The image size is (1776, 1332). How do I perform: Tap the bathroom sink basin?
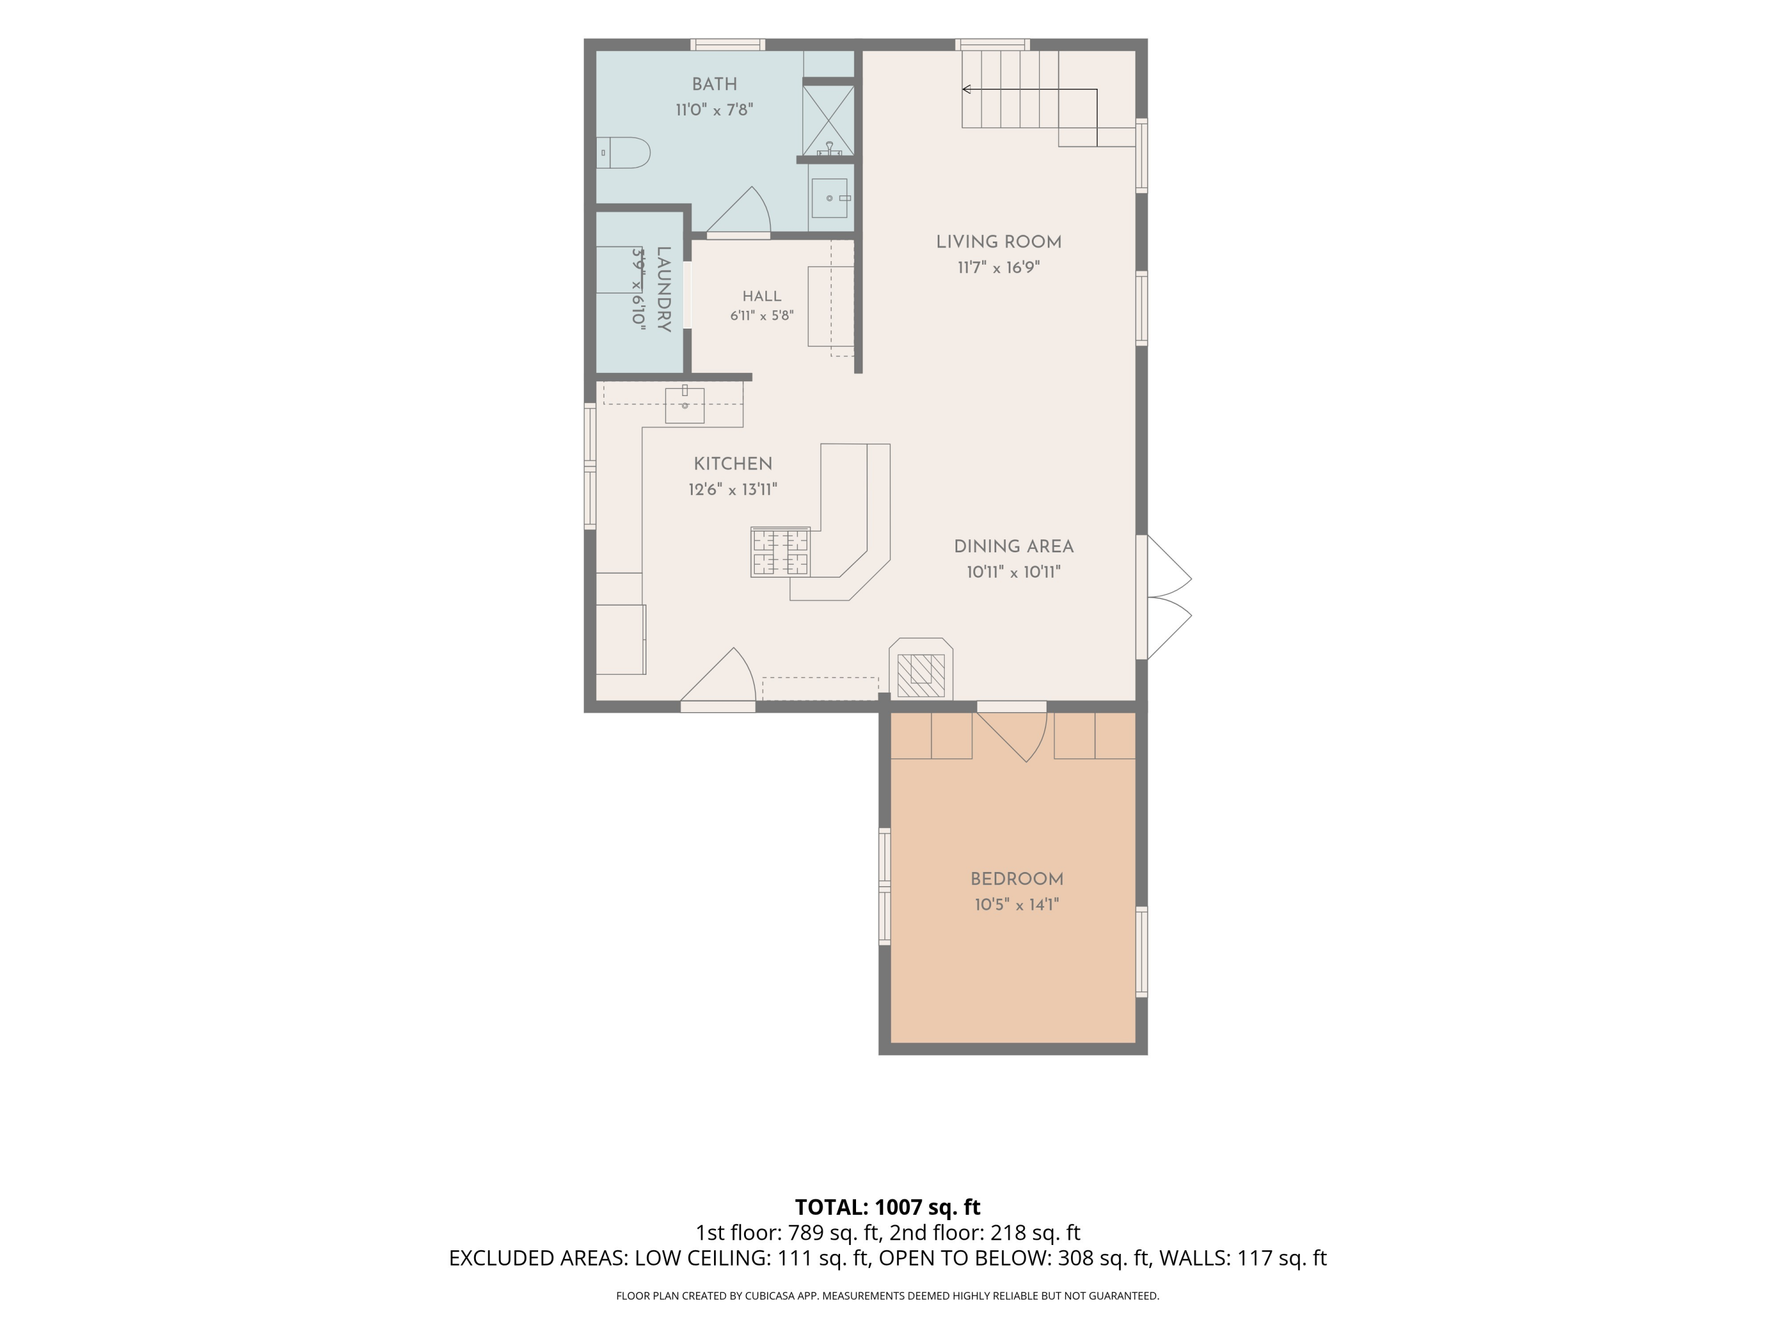(829, 198)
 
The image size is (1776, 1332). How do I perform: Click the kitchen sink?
(684, 406)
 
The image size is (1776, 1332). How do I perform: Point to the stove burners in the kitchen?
(780, 552)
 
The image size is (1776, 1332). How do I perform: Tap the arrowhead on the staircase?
(967, 89)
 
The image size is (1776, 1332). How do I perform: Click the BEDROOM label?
(1016, 879)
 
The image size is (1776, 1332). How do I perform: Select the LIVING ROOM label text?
(999, 242)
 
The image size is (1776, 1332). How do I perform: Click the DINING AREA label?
(1014, 546)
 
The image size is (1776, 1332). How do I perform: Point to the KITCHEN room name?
(732, 464)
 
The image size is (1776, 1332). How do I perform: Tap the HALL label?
(761, 296)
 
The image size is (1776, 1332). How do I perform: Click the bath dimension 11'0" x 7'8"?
(714, 109)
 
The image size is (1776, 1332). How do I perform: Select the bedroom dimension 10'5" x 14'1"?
(1016, 905)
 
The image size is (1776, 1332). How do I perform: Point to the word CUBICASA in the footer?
(771, 1295)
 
